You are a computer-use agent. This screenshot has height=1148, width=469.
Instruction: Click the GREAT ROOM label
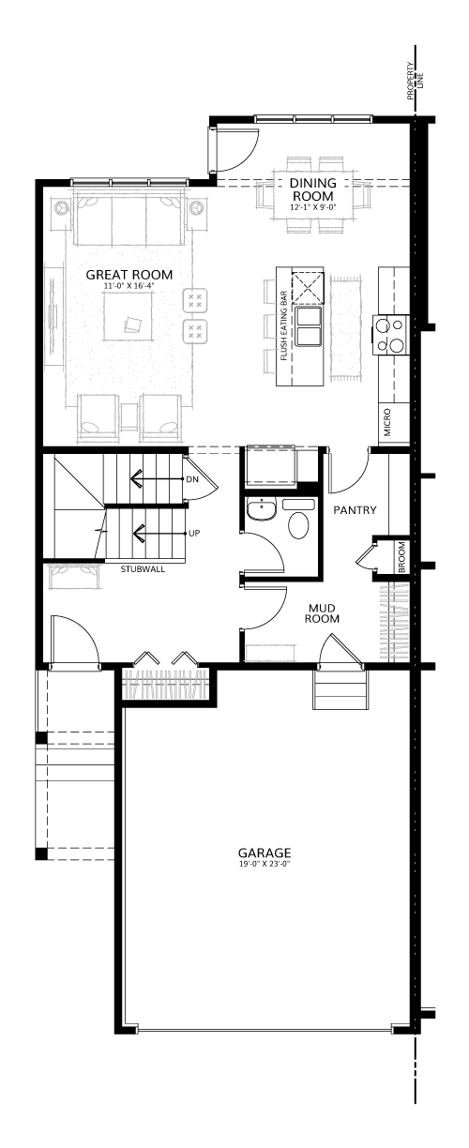tap(129, 275)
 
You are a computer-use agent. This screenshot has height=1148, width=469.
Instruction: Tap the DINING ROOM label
tap(312, 189)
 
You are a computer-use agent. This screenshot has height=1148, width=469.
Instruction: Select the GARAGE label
tap(265, 853)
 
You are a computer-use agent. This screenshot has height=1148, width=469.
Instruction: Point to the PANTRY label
tap(355, 510)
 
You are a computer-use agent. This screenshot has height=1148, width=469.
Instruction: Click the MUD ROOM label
tap(322, 613)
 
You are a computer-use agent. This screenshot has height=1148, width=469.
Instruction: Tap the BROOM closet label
tap(401, 557)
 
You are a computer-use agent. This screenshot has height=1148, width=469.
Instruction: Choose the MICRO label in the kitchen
tap(387, 422)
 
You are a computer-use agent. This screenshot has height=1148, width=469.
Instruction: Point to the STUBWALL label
tap(143, 569)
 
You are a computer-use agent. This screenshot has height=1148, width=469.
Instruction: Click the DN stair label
tap(192, 479)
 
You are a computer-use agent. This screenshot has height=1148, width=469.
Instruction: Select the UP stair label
tap(194, 533)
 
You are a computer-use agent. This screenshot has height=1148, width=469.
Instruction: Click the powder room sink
tap(262, 509)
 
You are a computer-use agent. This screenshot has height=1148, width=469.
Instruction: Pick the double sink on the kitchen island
tap(309, 326)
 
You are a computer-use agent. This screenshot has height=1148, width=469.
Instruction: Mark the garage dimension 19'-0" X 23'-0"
tap(265, 864)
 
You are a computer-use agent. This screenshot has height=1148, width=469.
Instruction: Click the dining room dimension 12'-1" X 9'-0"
tap(312, 207)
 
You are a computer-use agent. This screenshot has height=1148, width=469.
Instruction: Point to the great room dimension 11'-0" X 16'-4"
tap(129, 286)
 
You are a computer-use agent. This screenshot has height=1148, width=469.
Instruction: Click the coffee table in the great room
tap(129, 316)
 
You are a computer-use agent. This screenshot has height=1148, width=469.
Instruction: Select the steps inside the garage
tap(341, 689)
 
